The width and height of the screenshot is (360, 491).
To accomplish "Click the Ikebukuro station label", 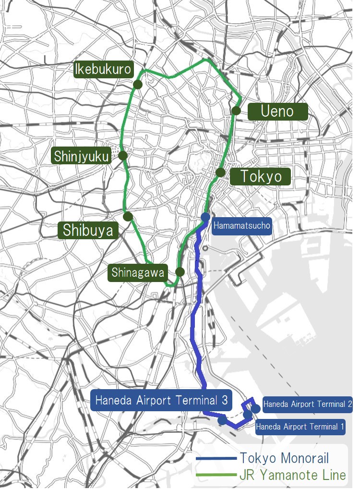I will point(103,69).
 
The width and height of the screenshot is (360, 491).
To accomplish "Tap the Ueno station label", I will point(277,111).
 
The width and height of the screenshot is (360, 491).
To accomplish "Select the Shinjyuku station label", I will point(82,156).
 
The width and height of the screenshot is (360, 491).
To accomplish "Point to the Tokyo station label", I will point(261,176).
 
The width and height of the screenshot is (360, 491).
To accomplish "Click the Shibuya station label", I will point(88,230).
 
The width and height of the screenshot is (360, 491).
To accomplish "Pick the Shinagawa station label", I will point(138,272).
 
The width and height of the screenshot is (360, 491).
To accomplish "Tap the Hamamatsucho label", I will point(241,225).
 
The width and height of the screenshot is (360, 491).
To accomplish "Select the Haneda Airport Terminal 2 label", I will point(308,404).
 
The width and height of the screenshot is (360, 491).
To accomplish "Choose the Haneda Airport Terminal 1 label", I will point(300,426).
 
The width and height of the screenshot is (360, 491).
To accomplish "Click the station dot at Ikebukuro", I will point(137,85).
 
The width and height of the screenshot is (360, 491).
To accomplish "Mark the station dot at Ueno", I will point(236,110).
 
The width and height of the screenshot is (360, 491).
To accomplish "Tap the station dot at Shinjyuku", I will point(122,155).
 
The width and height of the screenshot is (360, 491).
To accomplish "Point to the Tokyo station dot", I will point(220,172).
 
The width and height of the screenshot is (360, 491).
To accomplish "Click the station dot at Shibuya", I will point(128,217).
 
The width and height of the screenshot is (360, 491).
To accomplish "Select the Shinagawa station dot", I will point(180,272).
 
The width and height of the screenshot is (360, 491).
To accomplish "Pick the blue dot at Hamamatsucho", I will point(205,217).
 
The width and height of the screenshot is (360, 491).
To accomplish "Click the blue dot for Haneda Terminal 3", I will point(222,419).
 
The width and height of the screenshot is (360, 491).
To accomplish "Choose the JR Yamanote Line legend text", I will point(292,475).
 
